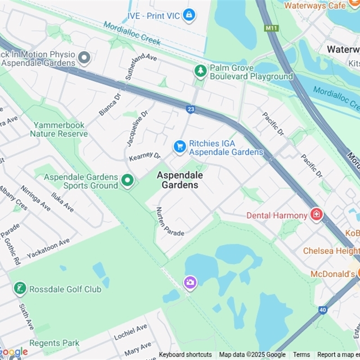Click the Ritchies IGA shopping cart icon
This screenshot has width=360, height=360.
(180, 147)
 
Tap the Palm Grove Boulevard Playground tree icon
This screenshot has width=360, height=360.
(200, 71)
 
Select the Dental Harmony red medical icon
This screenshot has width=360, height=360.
(316, 215)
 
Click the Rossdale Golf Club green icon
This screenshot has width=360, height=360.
(20, 288)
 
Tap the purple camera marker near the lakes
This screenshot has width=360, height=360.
(190, 283)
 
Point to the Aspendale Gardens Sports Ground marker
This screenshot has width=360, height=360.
(128, 181)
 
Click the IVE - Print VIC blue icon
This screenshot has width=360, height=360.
(189, 15)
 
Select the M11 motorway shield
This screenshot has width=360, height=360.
(271, 28)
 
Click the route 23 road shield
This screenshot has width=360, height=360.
(190, 108)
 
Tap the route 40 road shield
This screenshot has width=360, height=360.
(322, 310)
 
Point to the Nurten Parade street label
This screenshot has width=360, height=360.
(169, 222)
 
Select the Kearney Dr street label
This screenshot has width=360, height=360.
(144, 157)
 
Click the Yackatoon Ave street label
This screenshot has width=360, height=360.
(48, 248)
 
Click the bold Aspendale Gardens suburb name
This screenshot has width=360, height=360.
(180, 180)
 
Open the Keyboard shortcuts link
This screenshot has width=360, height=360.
(185, 355)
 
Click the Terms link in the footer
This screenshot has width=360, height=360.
(301, 355)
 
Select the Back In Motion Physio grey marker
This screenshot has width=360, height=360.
(84, 58)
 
